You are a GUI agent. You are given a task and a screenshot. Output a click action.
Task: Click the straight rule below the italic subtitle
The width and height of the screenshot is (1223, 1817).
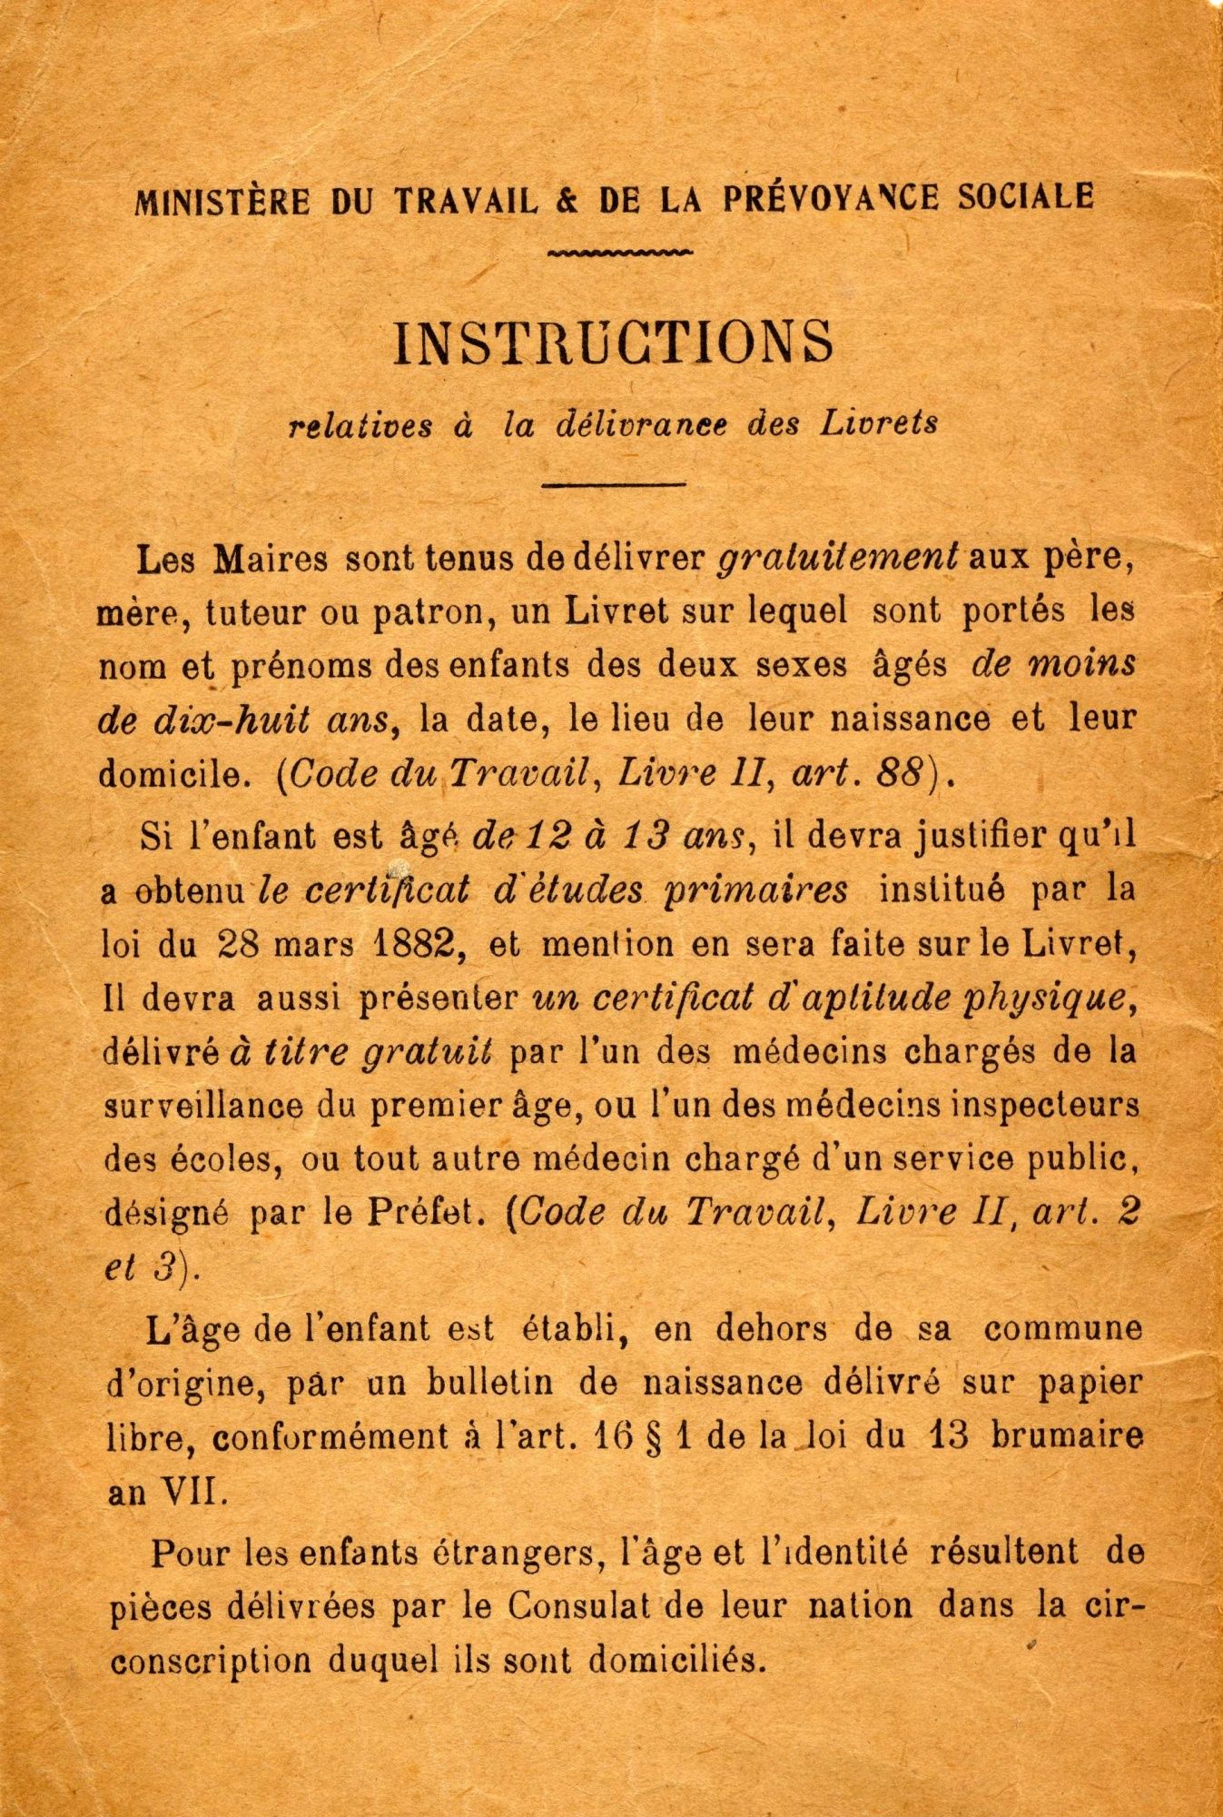[x=613, y=484]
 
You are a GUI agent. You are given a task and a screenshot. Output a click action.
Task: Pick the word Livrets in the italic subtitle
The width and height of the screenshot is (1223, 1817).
[x=880, y=424]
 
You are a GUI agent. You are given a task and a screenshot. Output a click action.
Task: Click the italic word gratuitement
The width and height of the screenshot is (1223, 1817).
[x=838, y=557]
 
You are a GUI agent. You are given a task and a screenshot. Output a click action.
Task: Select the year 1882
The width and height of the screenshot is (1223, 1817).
[x=415, y=945]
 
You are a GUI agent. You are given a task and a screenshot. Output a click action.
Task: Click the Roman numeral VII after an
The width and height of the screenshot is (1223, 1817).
[x=193, y=1494]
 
